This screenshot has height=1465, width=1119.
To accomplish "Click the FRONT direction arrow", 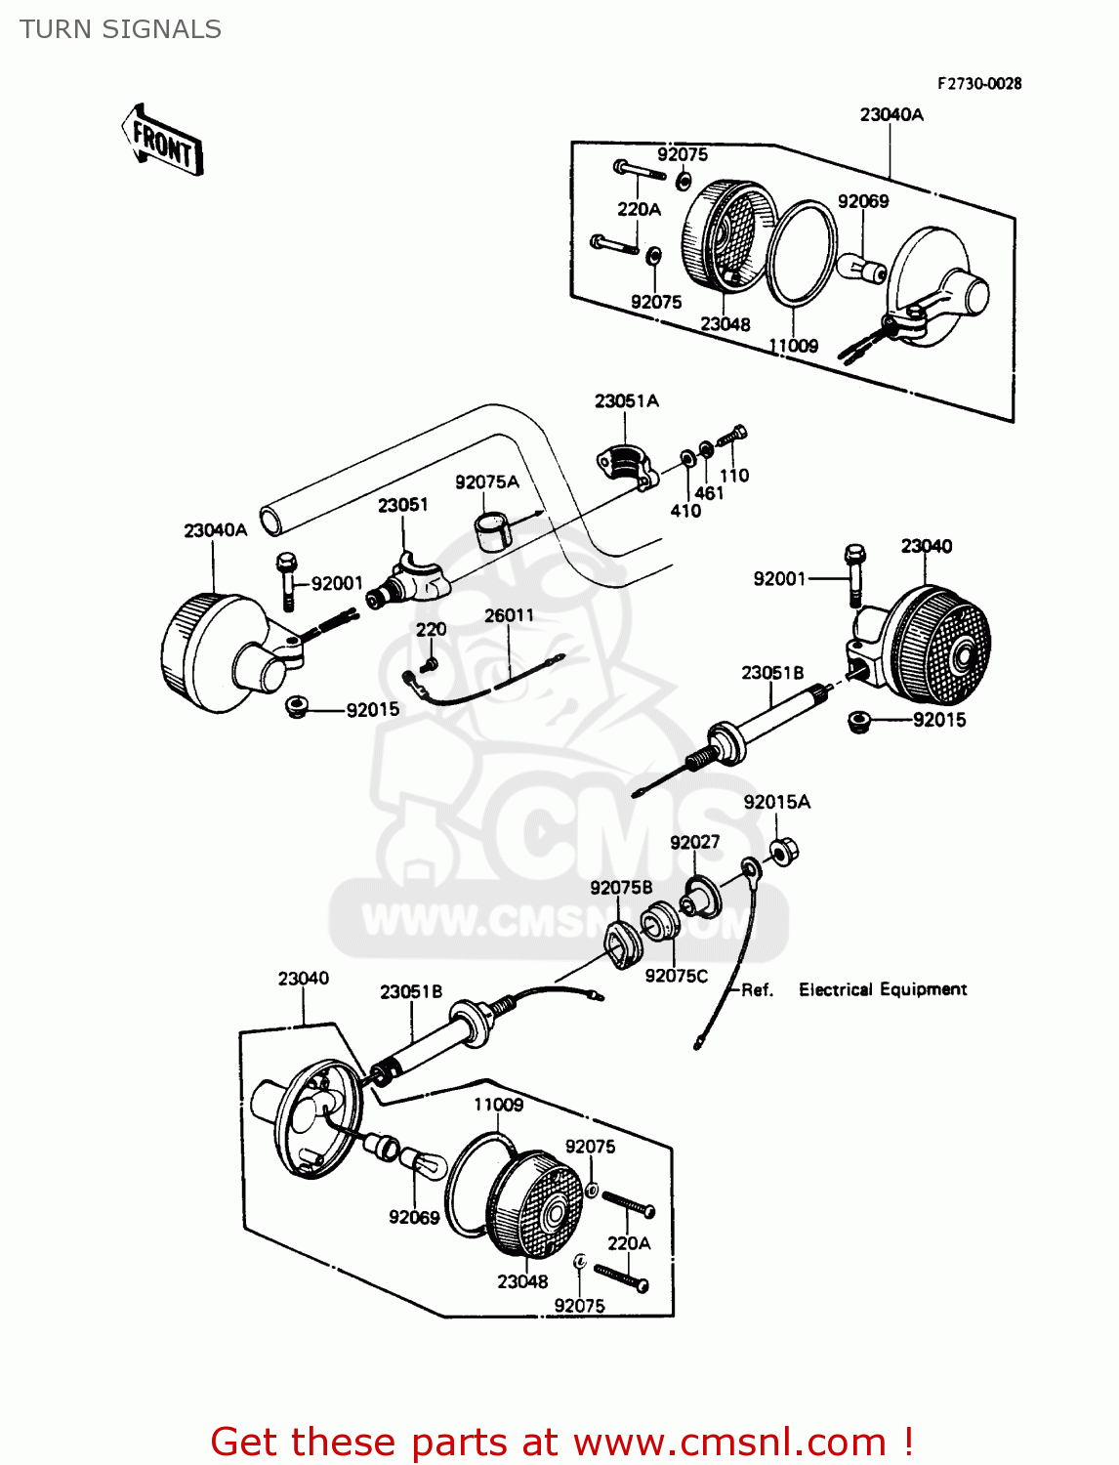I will pyautogui.click(x=163, y=142).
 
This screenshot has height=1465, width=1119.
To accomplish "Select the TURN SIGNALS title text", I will pyautogui.click(x=120, y=29).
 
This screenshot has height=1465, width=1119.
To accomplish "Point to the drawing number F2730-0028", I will pyautogui.click(x=978, y=84).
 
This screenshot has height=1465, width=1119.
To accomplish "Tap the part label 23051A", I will pyautogui.click(x=626, y=401).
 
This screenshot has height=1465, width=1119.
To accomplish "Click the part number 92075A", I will pyautogui.click(x=486, y=481).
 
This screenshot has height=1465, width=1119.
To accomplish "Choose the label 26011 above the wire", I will pyautogui.click(x=509, y=615).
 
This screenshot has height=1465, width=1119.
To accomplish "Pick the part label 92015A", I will pyautogui.click(x=776, y=802).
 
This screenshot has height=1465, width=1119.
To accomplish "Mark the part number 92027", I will pyautogui.click(x=694, y=842).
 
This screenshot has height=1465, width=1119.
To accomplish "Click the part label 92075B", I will pyautogui.click(x=621, y=887).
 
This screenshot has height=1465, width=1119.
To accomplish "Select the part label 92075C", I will pyautogui.click(x=676, y=976).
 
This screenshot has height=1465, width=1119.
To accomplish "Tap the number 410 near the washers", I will pyautogui.click(x=685, y=511).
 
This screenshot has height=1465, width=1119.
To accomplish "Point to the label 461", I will pyautogui.click(x=709, y=493).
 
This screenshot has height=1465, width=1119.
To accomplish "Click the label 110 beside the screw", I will pyautogui.click(x=734, y=476).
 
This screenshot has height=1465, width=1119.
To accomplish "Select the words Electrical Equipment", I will pyautogui.click(x=883, y=989).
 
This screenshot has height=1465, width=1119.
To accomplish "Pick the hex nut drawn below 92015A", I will pyautogui.click(x=783, y=851).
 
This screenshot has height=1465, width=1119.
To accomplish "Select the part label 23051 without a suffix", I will pyautogui.click(x=402, y=505).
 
